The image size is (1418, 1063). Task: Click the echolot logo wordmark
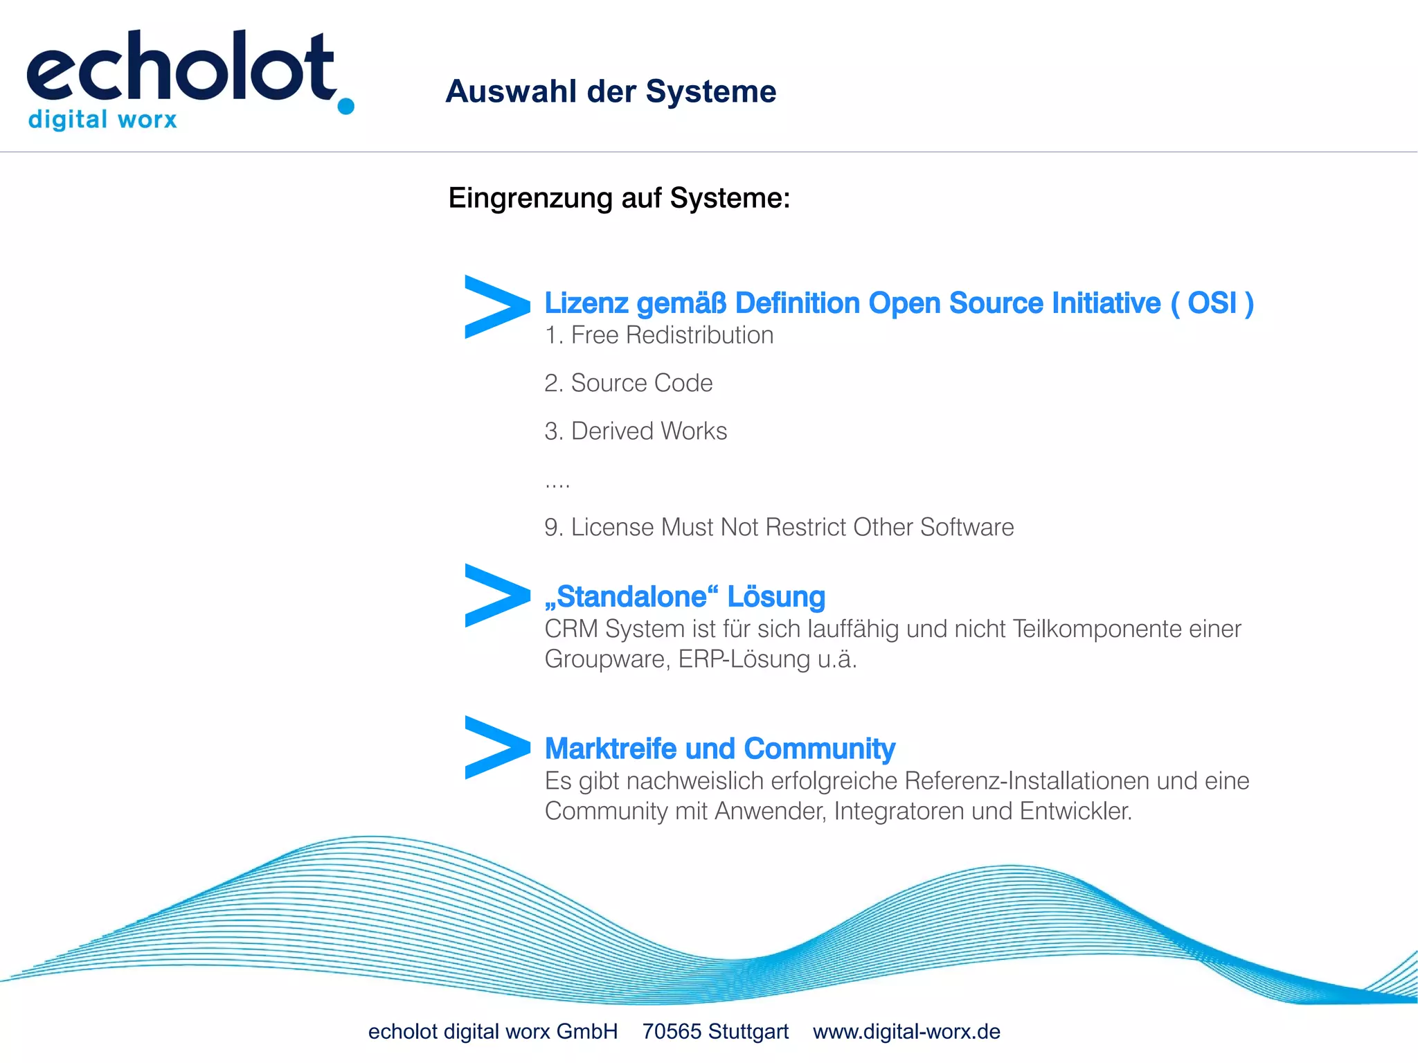pos(180,67)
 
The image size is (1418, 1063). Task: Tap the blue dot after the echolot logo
pos(345,106)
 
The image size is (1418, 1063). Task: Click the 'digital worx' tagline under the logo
pos(102,120)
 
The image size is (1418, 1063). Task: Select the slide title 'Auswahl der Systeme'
pos(611,91)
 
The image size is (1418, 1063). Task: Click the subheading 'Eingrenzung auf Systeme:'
pos(619,198)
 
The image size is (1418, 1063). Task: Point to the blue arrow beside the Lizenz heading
pos(496,307)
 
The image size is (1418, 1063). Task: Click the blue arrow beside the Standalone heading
pos(496,596)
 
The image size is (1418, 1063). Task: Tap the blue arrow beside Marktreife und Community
pos(496,747)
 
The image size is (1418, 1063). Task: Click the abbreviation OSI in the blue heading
pos(1212,303)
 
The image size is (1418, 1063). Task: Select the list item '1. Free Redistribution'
pos(658,335)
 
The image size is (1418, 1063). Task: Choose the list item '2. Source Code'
pos(628,383)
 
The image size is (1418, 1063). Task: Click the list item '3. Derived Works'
pos(635,431)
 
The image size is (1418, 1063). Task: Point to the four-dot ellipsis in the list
pos(557,485)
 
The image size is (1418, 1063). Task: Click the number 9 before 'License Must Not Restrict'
pos(551,528)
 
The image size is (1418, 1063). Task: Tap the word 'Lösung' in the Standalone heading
pos(775,597)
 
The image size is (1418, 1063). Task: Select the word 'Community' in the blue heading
pos(819,749)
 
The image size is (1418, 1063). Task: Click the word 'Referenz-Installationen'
pos(1027,781)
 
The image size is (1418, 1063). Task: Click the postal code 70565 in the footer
pos(672,1032)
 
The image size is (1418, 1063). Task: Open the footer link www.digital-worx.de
pos(906,1032)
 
